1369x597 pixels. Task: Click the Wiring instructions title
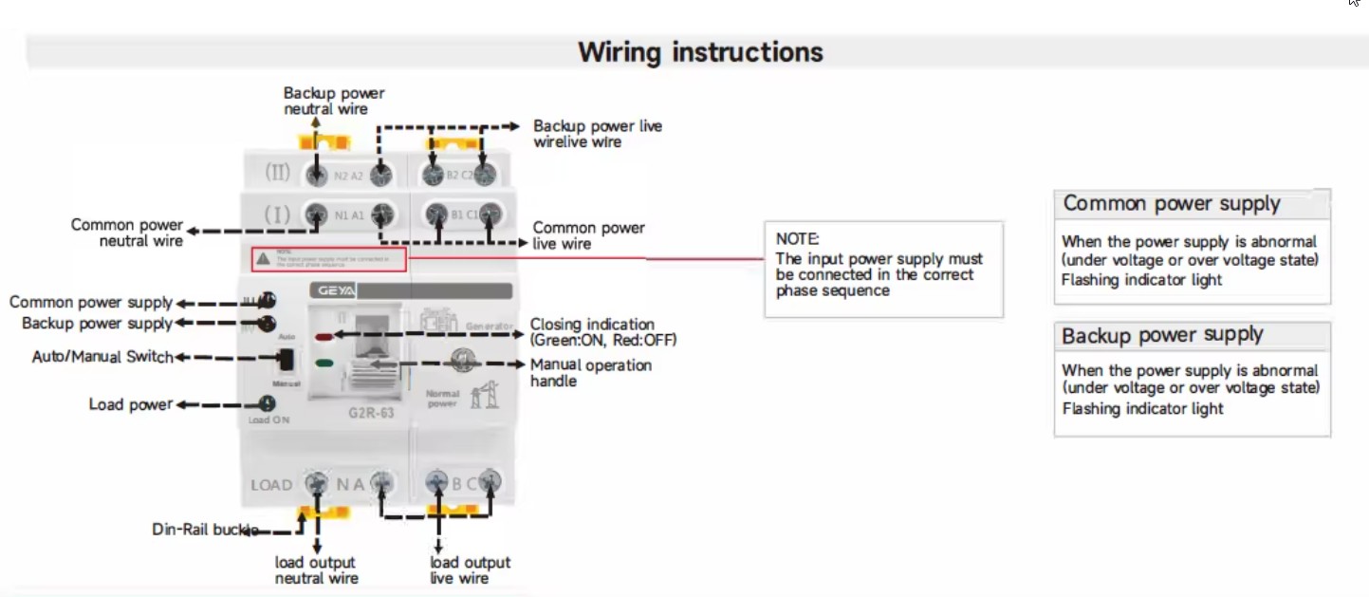[x=700, y=51]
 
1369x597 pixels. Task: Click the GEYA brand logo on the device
[x=333, y=292]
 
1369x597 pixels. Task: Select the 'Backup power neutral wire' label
[x=334, y=101]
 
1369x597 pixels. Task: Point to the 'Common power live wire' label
[x=588, y=235]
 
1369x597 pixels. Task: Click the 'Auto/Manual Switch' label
[x=102, y=358]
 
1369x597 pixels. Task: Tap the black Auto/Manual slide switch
[x=285, y=360]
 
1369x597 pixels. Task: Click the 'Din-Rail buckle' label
[x=205, y=530]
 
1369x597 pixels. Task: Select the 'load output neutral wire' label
[x=316, y=570]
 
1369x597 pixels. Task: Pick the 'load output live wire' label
[x=470, y=570]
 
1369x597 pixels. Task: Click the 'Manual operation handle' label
[x=590, y=373]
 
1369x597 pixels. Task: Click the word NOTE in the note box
[x=797, y=239]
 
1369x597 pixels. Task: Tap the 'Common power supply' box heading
[x=1172, y=203]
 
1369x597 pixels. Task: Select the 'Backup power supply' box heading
[x=1162, y=335]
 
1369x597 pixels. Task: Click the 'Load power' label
[x=131, y=404]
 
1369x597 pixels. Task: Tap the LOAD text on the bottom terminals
[x=271, y=485]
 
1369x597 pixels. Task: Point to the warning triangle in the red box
[x=263, y=258]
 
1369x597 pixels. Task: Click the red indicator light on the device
[x=323, y=336]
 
